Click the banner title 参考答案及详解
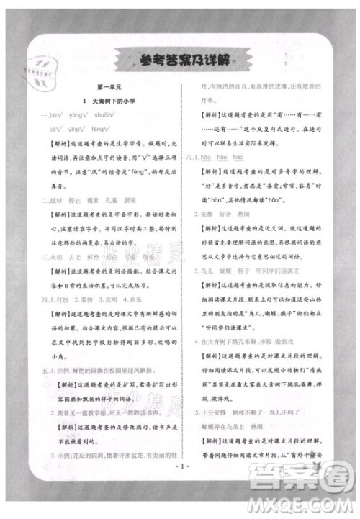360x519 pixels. (179, 60)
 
